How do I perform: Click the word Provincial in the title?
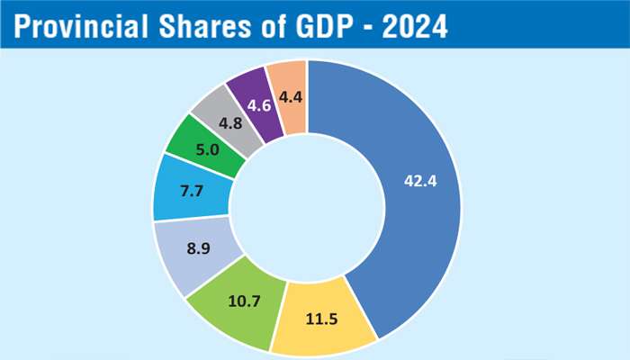click(84, 28)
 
